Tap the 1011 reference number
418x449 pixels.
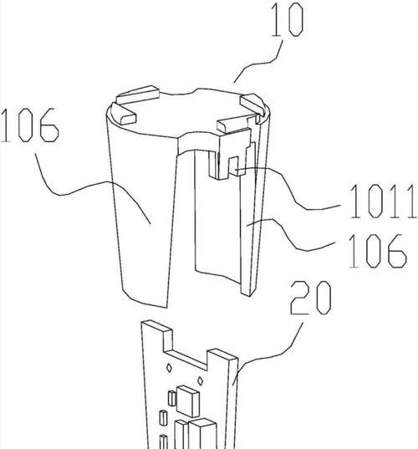point(383,201)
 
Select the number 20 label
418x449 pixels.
point(311,298)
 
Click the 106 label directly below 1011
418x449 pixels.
point(377,251)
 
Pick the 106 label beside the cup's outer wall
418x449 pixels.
point(30,125)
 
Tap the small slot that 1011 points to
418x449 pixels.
point(233,166)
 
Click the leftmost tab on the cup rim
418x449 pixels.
point(124,114)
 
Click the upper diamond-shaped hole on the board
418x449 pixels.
point(169,368)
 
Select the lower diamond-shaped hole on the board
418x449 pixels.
point(201,380)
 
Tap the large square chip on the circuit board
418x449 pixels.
point(188,401)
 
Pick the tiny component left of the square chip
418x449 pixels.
point(171,398)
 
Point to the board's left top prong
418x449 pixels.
point(157,329)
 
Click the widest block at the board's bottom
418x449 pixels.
point(202,434)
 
